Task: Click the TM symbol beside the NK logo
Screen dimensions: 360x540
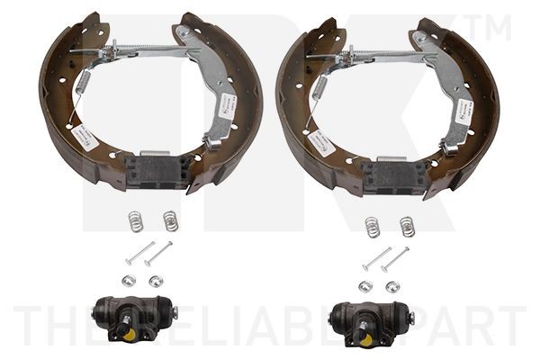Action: point(492,27)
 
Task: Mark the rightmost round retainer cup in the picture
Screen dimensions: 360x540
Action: point(392,286)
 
